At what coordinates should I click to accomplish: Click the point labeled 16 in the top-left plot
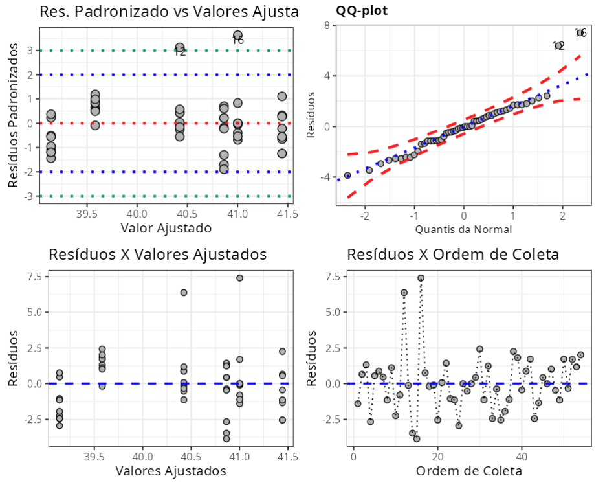237,35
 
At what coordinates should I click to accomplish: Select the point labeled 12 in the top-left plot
180,48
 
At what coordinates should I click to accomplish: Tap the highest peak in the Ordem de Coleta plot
421,278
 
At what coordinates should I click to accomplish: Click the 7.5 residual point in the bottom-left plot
239,278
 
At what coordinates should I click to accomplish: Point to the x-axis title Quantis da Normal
463,229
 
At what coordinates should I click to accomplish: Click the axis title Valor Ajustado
166,228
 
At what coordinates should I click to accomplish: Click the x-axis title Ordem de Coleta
468,470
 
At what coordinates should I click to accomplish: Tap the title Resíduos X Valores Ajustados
157,254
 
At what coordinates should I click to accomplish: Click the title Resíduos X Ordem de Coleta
452,254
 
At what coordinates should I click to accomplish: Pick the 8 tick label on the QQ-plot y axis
327,25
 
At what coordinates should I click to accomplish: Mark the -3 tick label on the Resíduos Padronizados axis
29,196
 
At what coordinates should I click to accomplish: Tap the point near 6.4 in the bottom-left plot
184,293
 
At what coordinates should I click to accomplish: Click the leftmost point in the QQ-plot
347,176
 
